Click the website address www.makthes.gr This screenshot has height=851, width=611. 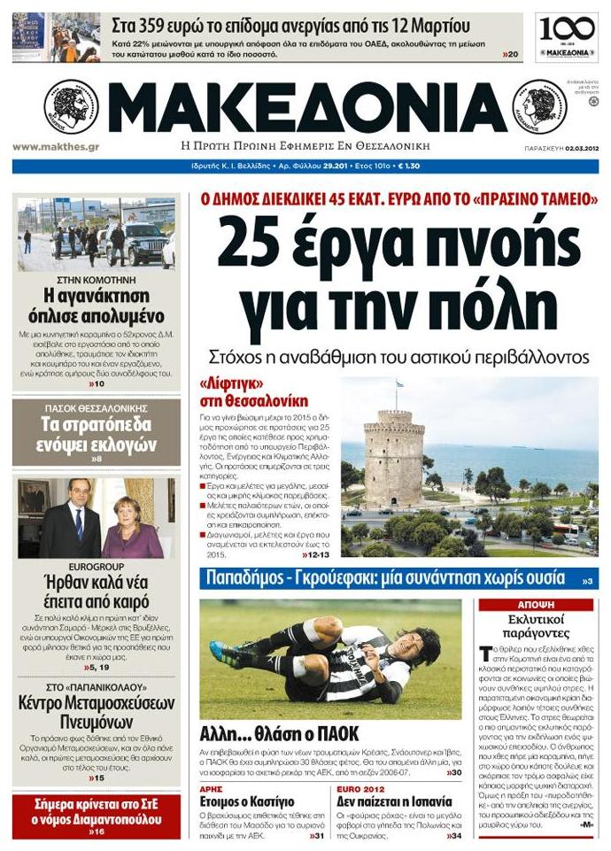point(55,147)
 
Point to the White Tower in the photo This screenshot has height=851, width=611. point(394,456)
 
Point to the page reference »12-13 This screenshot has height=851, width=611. point(315,553)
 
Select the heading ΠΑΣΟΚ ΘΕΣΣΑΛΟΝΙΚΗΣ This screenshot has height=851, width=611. point(97,408)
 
